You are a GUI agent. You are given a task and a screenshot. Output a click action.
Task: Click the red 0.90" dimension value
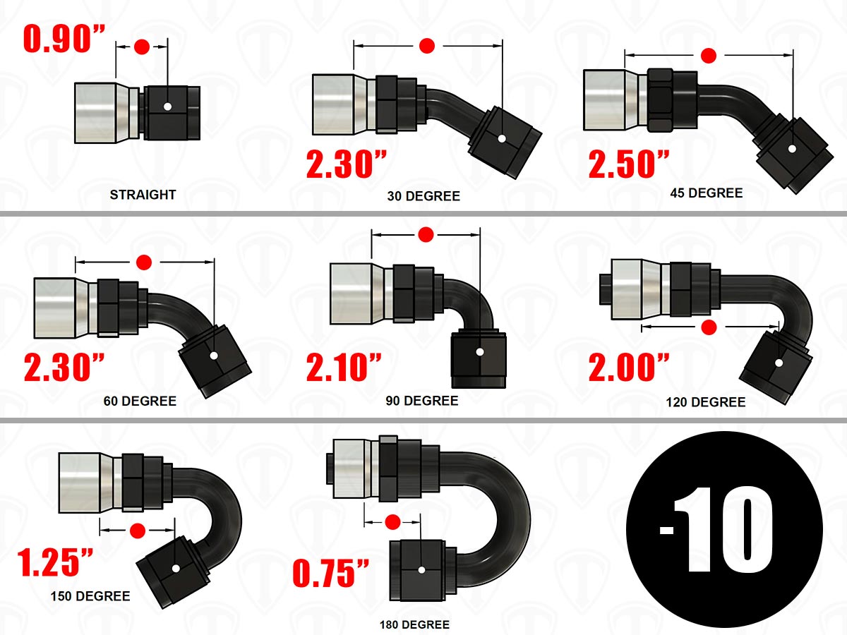pos(64,39)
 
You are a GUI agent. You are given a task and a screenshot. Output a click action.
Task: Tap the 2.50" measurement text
pos(629,164)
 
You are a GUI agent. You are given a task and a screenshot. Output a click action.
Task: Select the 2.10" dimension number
pos(344,368)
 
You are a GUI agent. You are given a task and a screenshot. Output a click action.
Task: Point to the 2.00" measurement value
pos(629,368)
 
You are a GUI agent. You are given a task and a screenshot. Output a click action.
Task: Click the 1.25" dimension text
pos(55,562)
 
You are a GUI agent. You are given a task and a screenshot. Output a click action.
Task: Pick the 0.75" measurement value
pos(331,574)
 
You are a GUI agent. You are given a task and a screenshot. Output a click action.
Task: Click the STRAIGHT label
pos(143,195)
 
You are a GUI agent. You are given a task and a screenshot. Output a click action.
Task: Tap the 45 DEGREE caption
pos(706,193)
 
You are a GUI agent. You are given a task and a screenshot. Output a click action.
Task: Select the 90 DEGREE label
pos(422,401)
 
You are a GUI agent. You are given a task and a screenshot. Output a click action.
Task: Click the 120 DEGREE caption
pos(706,402)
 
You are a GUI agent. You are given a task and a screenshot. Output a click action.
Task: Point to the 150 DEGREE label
pos(90,596)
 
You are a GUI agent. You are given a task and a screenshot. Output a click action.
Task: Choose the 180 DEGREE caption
pos(414,624)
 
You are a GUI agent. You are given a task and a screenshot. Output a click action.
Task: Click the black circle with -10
pos(724,529)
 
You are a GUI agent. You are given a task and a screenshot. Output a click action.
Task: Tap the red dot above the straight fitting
pos(142,47)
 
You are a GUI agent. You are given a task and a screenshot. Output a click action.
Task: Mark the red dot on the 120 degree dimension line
pos(709,327)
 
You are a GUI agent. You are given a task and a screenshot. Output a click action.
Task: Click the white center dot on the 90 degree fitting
pos(480,352)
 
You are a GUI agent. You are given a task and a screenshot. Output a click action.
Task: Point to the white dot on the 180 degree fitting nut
pos(421,570)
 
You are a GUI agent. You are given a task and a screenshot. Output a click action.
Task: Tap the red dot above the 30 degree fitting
pos(427,46)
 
